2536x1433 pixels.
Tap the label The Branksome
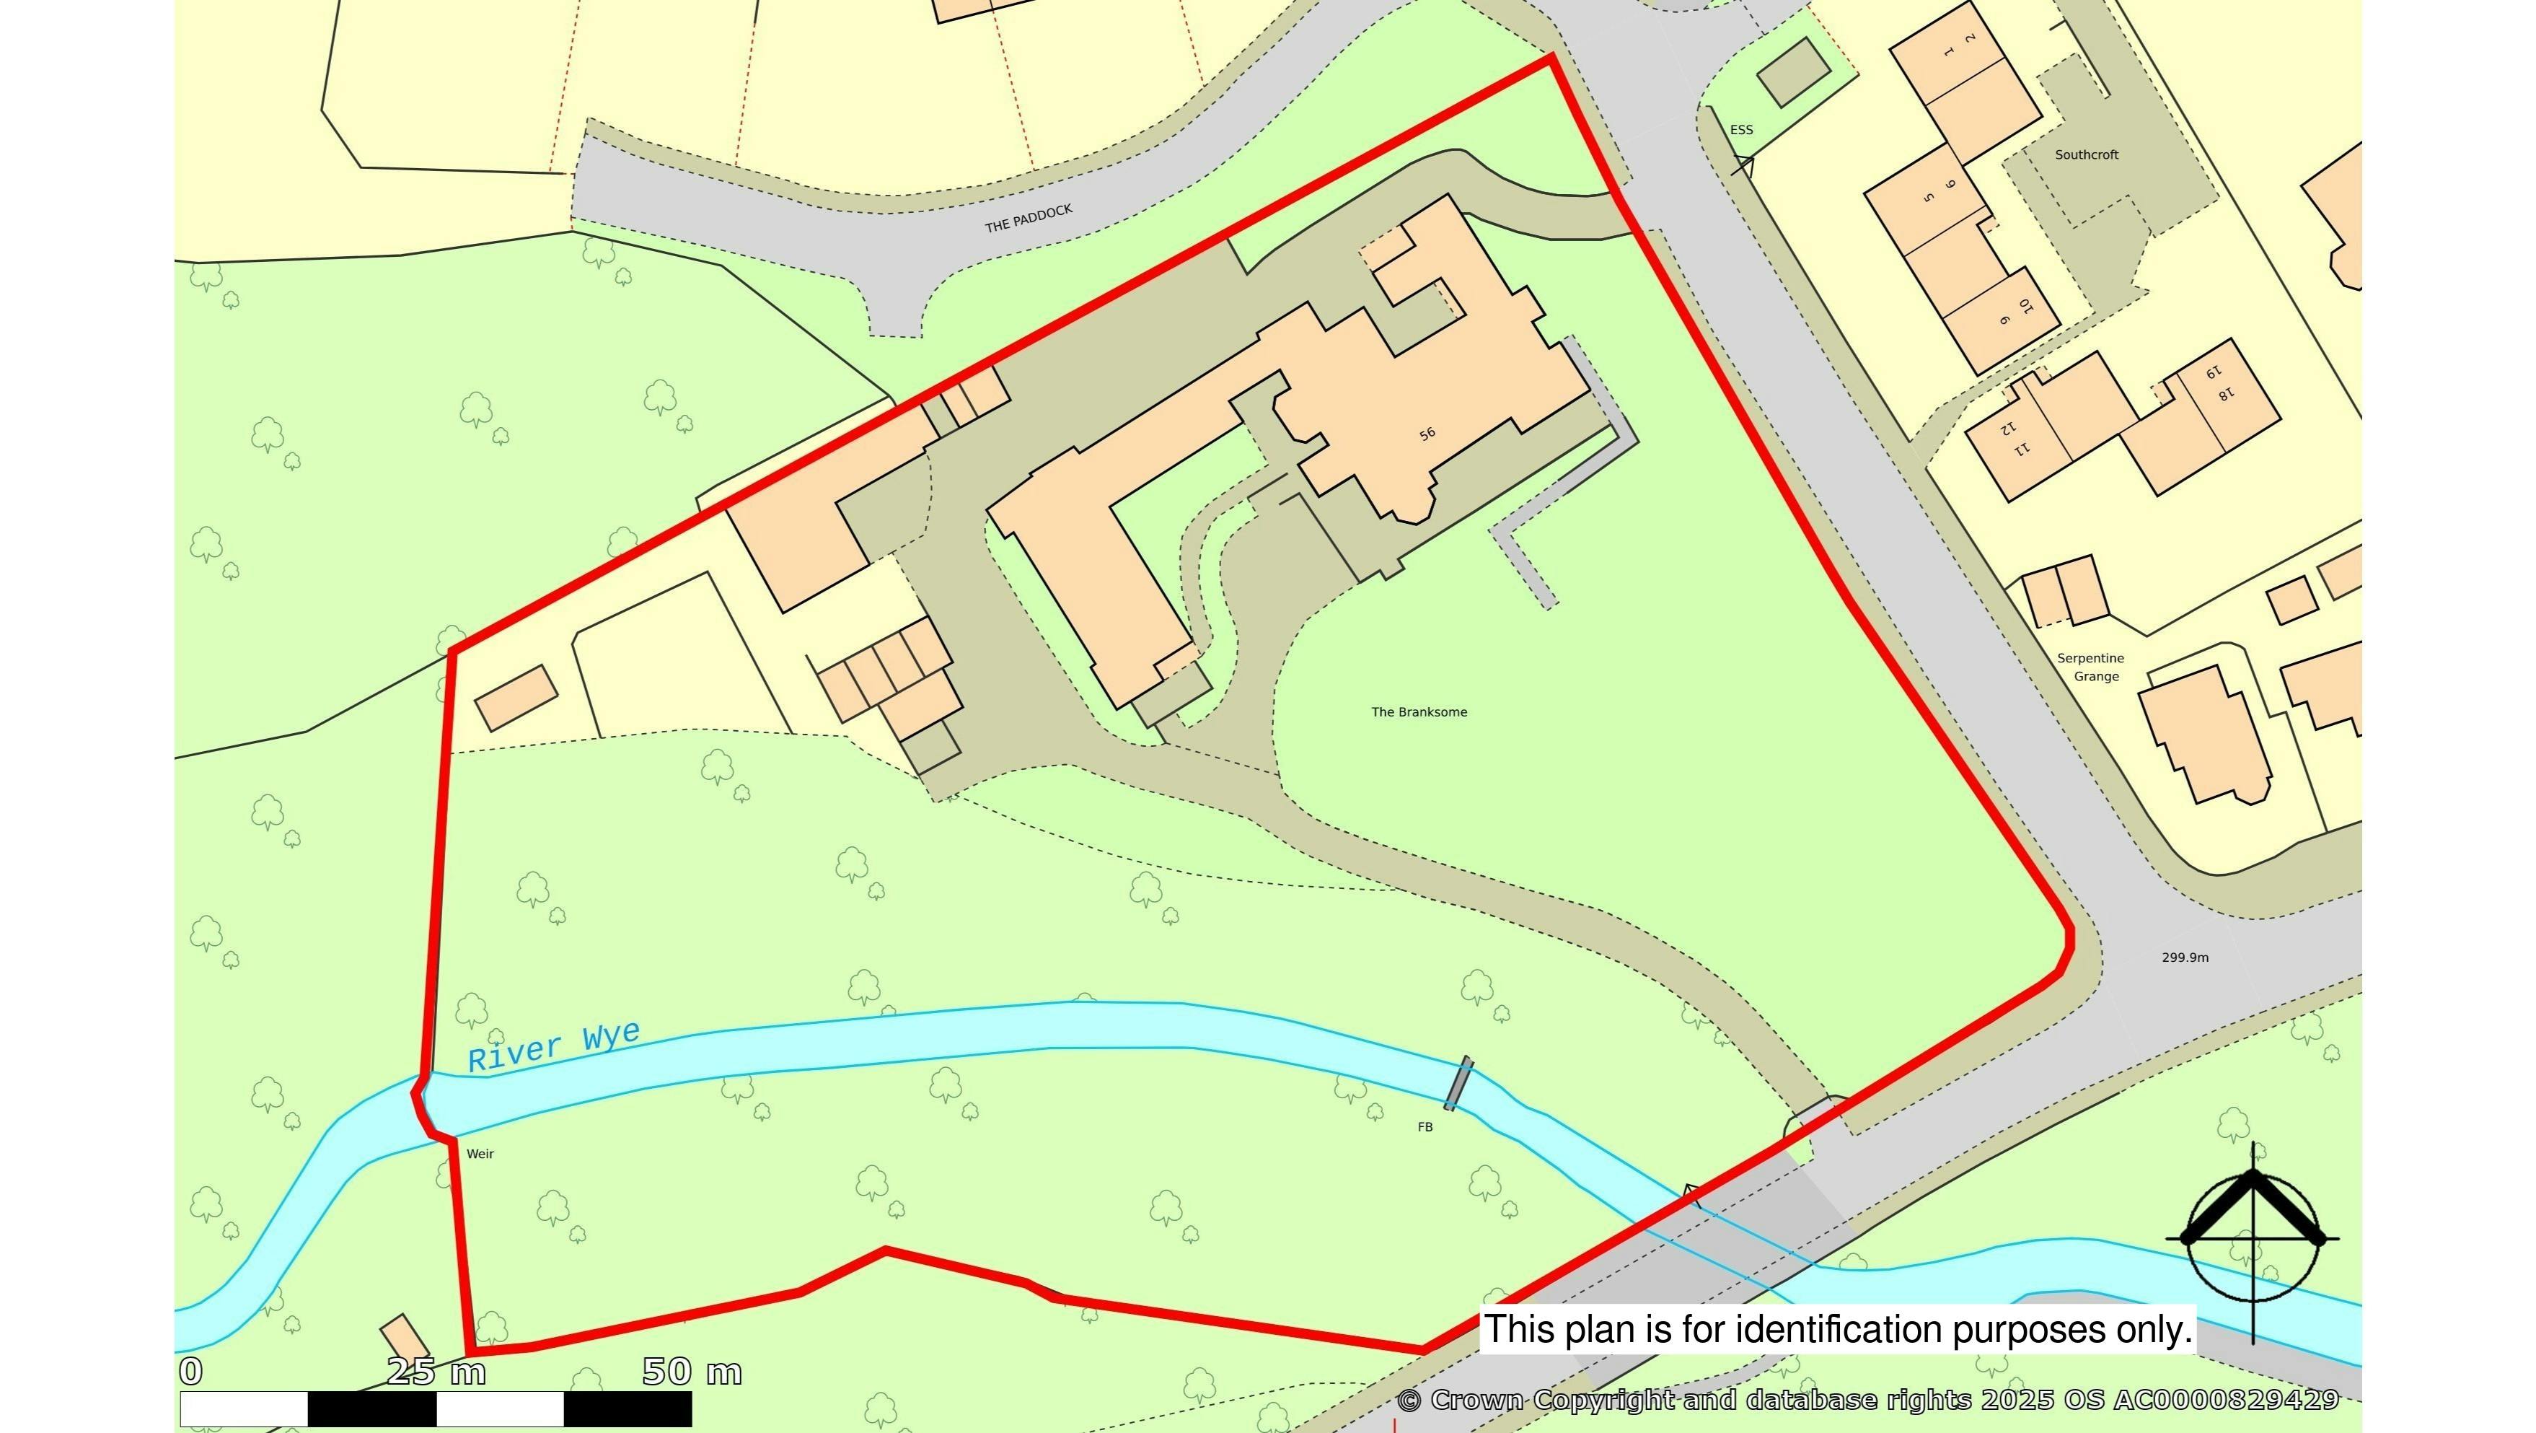coord(1419,712)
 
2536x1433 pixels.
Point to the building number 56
coord(1427,434)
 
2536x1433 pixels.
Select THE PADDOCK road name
coord(1029,219)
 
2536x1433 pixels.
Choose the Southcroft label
coord(2086,154)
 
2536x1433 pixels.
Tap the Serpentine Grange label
coord(2090,667)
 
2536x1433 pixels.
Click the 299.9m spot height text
coord(2185,957)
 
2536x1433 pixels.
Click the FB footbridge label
coord(1425,1128)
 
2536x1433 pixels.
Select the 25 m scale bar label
coord(436,1372)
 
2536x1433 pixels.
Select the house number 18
coord(2225,395)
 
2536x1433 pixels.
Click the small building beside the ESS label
coord(1792,72)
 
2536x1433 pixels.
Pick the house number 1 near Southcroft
coord(1948,52)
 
